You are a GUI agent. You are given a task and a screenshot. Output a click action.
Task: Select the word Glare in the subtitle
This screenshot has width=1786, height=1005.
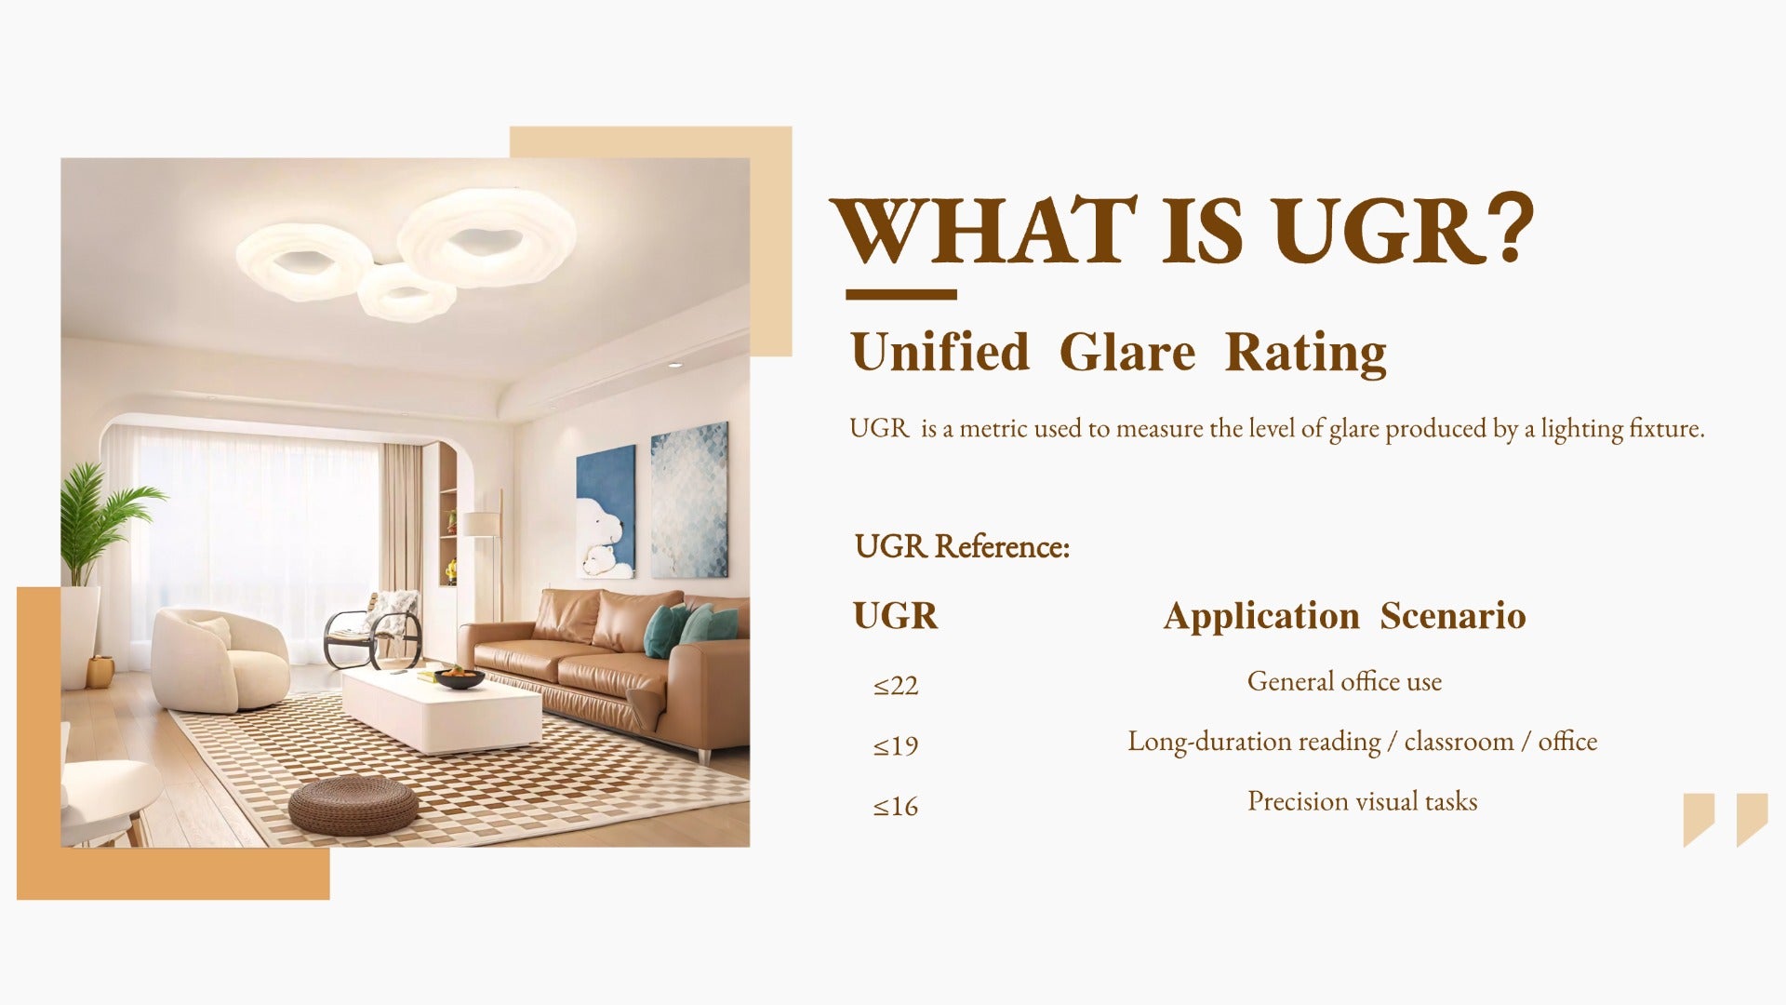click(x=1127, y=353)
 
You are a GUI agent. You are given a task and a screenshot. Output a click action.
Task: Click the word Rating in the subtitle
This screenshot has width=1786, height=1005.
click(x=1305, y=355)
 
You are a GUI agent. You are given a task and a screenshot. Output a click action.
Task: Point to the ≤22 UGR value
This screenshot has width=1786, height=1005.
click(x=895, y=686)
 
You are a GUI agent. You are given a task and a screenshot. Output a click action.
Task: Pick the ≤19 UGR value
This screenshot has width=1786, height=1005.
click(x=895, y=745)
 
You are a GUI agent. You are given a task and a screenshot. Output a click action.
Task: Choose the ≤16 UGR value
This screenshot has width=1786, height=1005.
click(x=895, y=806)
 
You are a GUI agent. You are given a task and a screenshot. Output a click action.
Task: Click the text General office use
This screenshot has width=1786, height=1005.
click(x=1344, y=681)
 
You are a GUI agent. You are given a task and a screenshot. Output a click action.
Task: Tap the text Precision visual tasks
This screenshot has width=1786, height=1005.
click(x=1362, y=801)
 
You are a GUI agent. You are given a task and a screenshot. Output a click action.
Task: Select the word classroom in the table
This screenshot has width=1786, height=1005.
click(x=1459, y=742)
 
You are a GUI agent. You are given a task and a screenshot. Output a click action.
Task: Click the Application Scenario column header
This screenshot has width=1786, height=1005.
click(x=1344, y=617)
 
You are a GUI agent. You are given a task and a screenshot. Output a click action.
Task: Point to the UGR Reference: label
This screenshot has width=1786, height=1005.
click(x=962, y=546)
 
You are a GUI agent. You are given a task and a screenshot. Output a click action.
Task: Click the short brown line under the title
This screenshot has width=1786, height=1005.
click(x=900, y=295)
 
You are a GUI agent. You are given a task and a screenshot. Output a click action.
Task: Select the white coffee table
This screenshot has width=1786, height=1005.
click(x=441, y=712)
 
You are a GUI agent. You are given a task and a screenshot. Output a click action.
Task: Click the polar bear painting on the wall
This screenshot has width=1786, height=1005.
click(x=606, y=512)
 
